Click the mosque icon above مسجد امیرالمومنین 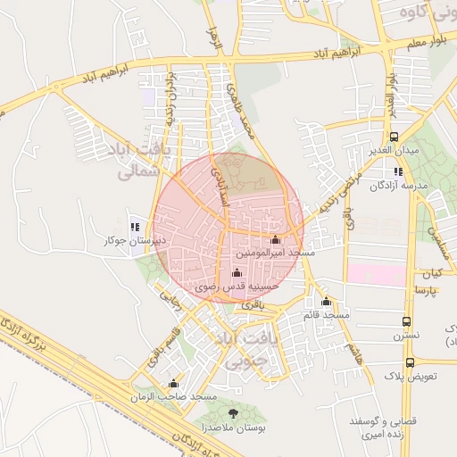pyautogui.click(x=275, y=239)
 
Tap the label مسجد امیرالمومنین pyautogui.click(x=276, y=253)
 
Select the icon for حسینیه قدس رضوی pyautogui.click(x=237, y=272)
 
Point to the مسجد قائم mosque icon pyautogui.click(x=327, y=302)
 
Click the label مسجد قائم pyautogui.click(x=326, y=315)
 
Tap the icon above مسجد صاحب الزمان pyautogui.click(x=173, y=382)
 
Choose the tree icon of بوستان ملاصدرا pyautogui.click(x=234, y=413)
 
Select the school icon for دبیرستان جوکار pyautogui.click(x=136, y=227)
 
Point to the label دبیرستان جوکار pyautogui.click(x=122, y=241)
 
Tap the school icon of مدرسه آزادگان pyautogui.click(x=398, y=170)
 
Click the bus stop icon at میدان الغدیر pyautogui.click(x=395, y=136)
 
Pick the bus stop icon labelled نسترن pyautogui.click(x=407, y=321)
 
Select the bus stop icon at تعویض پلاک pyautogui.click(x=410, y=362)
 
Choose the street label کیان pyautogui.click(x=434, y=271)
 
